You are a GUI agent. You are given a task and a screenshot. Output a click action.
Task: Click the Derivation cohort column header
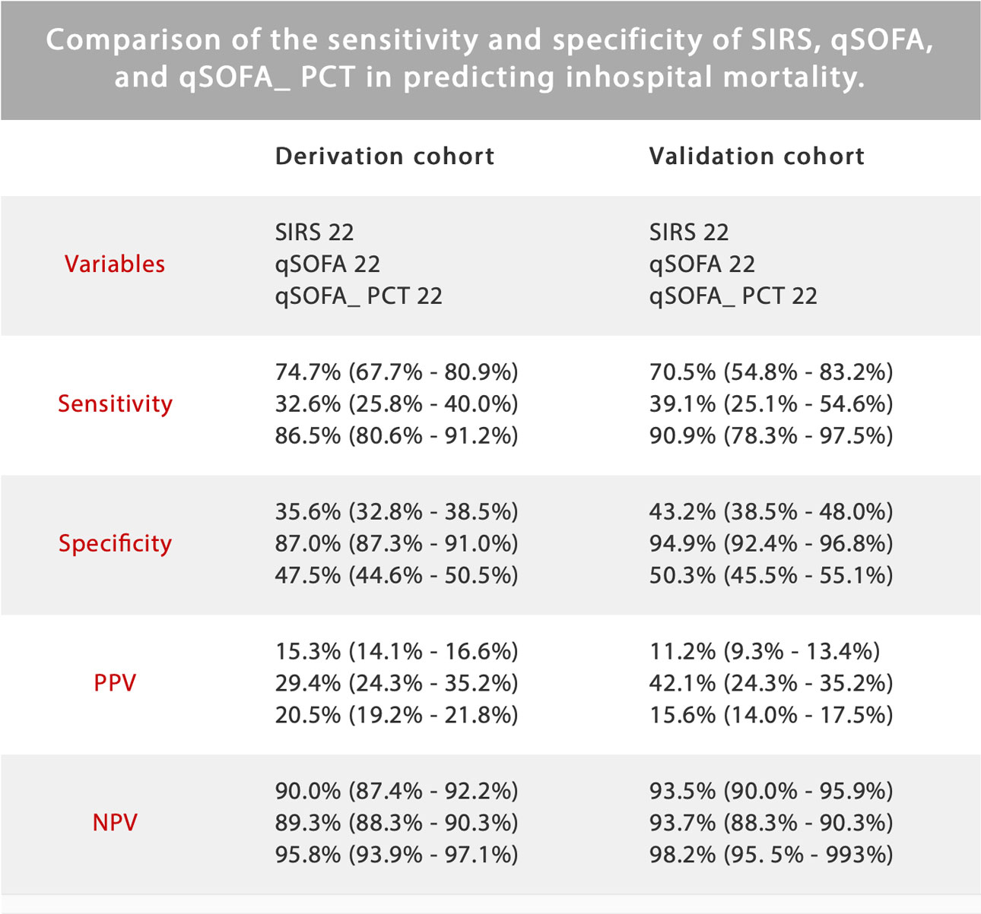click(385, 157)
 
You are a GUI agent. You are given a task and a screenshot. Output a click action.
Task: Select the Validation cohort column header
click(757, 157)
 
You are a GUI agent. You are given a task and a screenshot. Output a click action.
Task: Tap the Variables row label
click(115, 264)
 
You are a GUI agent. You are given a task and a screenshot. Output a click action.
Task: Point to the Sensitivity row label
click(115, 404)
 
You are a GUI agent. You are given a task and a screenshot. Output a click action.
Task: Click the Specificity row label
click(115, 544)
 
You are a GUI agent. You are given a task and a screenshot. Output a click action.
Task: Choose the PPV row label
click(115, 683)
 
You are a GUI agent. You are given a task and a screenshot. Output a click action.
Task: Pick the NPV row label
click(115, 823)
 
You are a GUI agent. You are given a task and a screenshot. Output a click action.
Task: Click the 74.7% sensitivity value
click(308, 372)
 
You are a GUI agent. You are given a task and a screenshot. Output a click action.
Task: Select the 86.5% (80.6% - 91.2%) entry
click(396, 436)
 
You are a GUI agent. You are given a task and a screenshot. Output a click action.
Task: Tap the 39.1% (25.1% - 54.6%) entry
click(771, 404)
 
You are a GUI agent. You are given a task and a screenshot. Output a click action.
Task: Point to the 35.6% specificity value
click(308, 512)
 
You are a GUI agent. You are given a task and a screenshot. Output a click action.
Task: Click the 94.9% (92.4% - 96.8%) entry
click(771, 544)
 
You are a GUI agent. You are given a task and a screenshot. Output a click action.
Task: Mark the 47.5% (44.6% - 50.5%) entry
click(396, 576)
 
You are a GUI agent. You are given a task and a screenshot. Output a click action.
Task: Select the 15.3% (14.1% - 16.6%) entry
click(396, 652)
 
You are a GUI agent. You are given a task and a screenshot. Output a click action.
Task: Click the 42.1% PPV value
click(682, 684)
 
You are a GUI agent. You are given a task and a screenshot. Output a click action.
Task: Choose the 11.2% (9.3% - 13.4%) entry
click(764, 652)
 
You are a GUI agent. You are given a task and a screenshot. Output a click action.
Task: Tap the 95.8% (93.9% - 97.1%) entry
click(396, 855)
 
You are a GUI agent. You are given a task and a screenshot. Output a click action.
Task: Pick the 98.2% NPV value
click(682, 855)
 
